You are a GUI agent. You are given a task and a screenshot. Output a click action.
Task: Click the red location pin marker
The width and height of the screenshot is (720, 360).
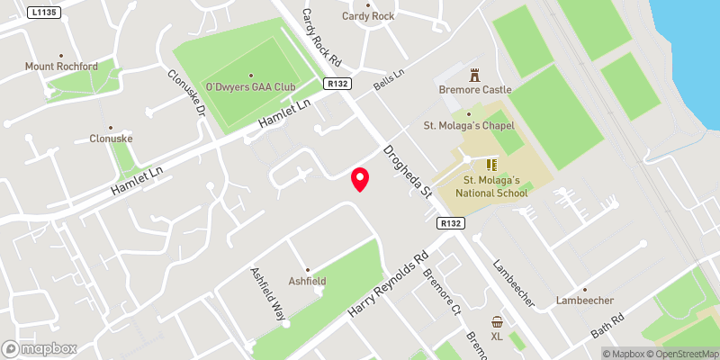(360, 179)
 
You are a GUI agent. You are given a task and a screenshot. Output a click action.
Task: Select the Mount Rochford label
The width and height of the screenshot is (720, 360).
(61, 66)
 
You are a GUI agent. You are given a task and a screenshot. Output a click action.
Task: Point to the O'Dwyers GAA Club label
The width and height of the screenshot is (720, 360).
(250, 86)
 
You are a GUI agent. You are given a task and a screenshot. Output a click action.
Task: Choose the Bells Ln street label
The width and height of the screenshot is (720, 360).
(391, 87)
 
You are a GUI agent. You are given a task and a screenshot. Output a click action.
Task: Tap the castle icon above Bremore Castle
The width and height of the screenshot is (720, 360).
(475, 76)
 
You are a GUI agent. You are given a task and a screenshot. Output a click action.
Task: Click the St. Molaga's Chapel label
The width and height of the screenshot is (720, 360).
(469, 126)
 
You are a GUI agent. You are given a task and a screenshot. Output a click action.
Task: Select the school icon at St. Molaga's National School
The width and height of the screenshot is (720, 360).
(491, 165)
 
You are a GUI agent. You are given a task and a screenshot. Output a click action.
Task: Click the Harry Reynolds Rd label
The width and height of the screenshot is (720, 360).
(388, 283)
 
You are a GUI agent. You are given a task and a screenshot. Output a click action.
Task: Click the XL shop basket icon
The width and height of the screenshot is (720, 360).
(497, 322)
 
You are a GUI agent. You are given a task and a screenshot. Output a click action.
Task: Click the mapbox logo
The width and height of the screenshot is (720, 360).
(40, 348)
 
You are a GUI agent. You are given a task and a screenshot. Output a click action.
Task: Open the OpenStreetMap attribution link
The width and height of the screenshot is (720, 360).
(679, 354)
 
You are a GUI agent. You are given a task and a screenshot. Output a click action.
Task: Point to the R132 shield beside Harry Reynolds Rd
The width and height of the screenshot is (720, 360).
(451, 222)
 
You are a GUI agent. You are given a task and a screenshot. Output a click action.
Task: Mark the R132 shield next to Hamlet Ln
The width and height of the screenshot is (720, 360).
(337, 84)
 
